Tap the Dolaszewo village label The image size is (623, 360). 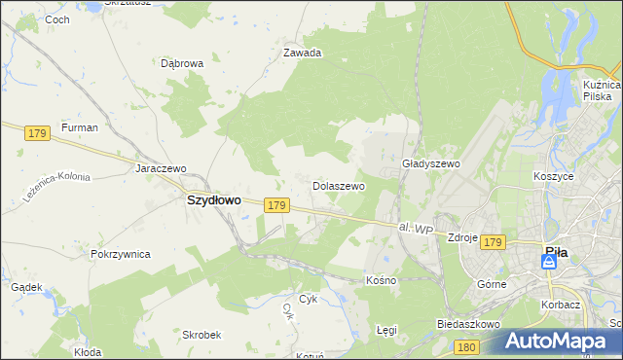click(x=338, y=185)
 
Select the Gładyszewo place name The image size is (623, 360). click(x=430, y=164)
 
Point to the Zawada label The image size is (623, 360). click(x=302, y=54)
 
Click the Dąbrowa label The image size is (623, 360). click(x=181, y=63)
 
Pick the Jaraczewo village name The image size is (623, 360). click(x=161, y=168)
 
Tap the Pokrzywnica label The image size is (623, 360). click(x=120, y=254)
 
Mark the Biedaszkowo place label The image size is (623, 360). click(x=468, y=323)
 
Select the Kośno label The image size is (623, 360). click(x=381, y=280)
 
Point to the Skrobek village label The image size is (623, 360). click(x=202, y=334)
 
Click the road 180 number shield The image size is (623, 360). click(x=467, y=346)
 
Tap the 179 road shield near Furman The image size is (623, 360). click(x=38, y=132)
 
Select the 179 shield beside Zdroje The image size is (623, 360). click(x=494, y=241)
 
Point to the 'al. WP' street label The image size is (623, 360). click(x=416, y=229)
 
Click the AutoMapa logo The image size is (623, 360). click(x=555, y=341)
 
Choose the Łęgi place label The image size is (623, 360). click(x=386, y=330)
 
